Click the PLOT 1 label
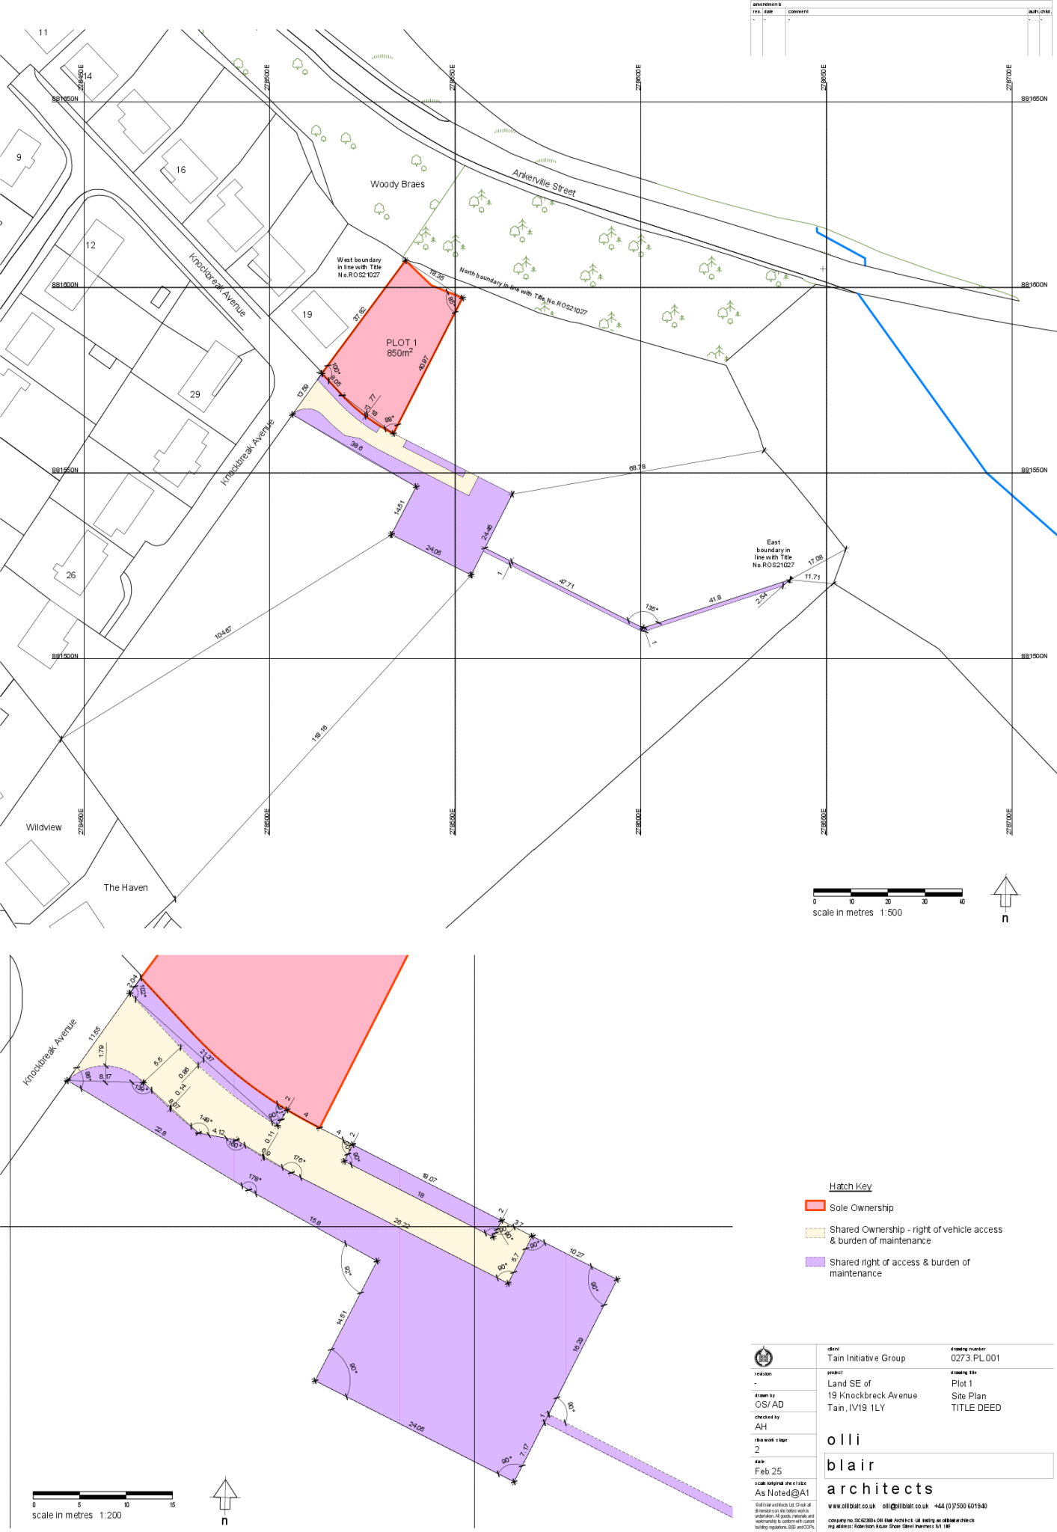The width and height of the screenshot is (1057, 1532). pyautogui.click(x=402, y=343)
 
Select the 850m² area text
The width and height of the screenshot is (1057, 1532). pyautogui.click(x=399, y=353)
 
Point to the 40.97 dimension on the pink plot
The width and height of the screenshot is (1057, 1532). pyautogui.click(x=424, y=363)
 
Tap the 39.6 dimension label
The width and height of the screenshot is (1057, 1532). pyautogui.click(x=356, y=446)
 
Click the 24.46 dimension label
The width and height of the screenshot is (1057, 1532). pyautogui.click(x=487, y=532)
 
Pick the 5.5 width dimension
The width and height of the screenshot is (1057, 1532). pyautogui.click(x=158, y=1061)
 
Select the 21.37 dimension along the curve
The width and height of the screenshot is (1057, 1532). pyautogui.click(x=207, y=1056)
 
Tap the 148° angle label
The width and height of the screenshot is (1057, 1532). pyautogui.click(x=206, y=1119)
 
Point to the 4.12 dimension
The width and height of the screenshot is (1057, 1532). pyautogui.click(x=218, y=1132)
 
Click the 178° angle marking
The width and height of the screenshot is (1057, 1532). pyautogui.click(x=255, y=1178)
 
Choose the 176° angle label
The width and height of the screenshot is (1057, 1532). pyautogui.click(x=299, y=1159)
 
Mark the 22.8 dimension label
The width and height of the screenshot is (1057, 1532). pyautogui.click(x=160, y=1131)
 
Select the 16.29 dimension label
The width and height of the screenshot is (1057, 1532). pyautogui.click(x=577, y=1344)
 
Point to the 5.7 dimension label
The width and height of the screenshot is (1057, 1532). pyautogui.click(x=515, y=1258)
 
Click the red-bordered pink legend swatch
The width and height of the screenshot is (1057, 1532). pyautogui.click(x=815, y=1205)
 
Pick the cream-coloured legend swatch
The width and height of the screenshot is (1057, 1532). pyautogui.click(x=815, y=1233)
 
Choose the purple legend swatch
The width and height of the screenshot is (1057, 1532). pyautogui.click(x=815, y=1261)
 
